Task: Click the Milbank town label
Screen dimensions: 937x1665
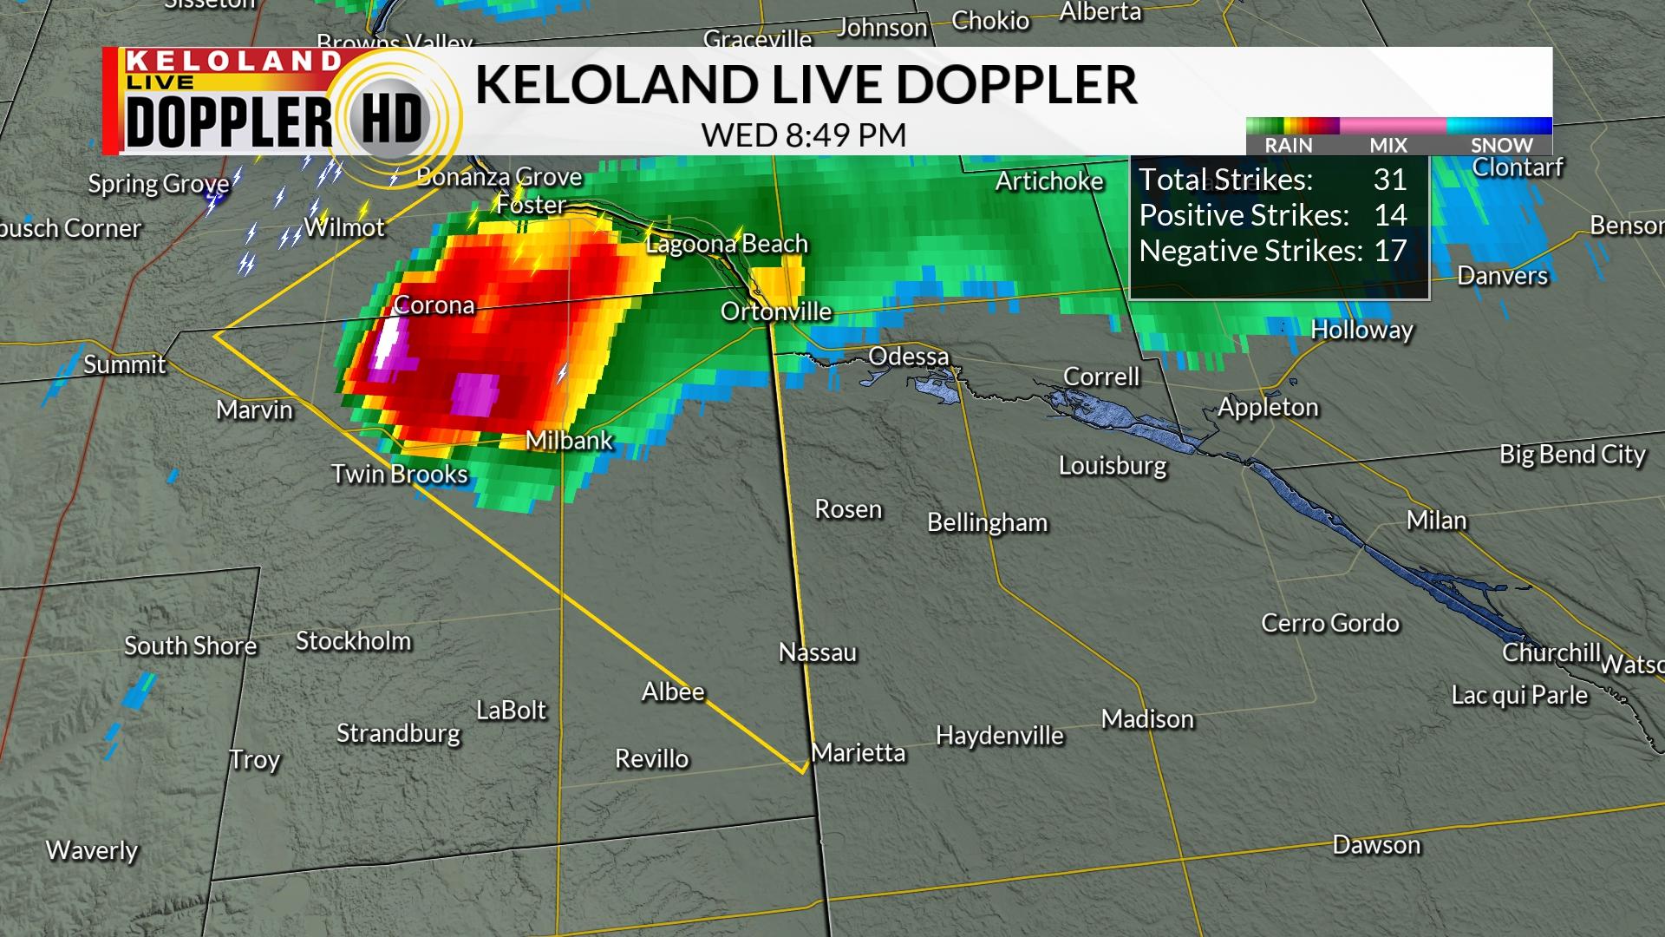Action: (569, 441)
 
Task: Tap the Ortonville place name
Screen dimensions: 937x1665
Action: (776, 311)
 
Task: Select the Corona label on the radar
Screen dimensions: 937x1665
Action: (434, 305)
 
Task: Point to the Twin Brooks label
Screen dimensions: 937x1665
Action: (399, 474)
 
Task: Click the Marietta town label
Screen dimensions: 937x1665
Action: (858, 752)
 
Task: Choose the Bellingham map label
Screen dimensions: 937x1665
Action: (987, 522)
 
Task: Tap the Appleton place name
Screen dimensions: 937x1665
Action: (1268, 407)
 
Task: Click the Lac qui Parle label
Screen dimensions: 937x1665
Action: (1519, 695)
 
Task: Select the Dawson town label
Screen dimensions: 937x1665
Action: (1376, 845)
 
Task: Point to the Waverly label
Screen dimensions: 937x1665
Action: (92, 850)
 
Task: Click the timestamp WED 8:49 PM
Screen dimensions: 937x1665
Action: (804, 135)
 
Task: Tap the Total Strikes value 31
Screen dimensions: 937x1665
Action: (1389, 180)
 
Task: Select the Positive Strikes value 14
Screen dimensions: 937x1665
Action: (1390, 215)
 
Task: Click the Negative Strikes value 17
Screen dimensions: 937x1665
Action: (1390, 251)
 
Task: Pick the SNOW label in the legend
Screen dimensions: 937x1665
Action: (1501, 145)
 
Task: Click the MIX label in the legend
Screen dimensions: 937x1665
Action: (1388, 145)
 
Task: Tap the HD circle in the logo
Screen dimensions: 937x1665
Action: (391, 119)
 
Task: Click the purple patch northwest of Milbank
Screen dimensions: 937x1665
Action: (474, 393)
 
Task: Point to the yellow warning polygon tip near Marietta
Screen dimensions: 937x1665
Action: (802, 770)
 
